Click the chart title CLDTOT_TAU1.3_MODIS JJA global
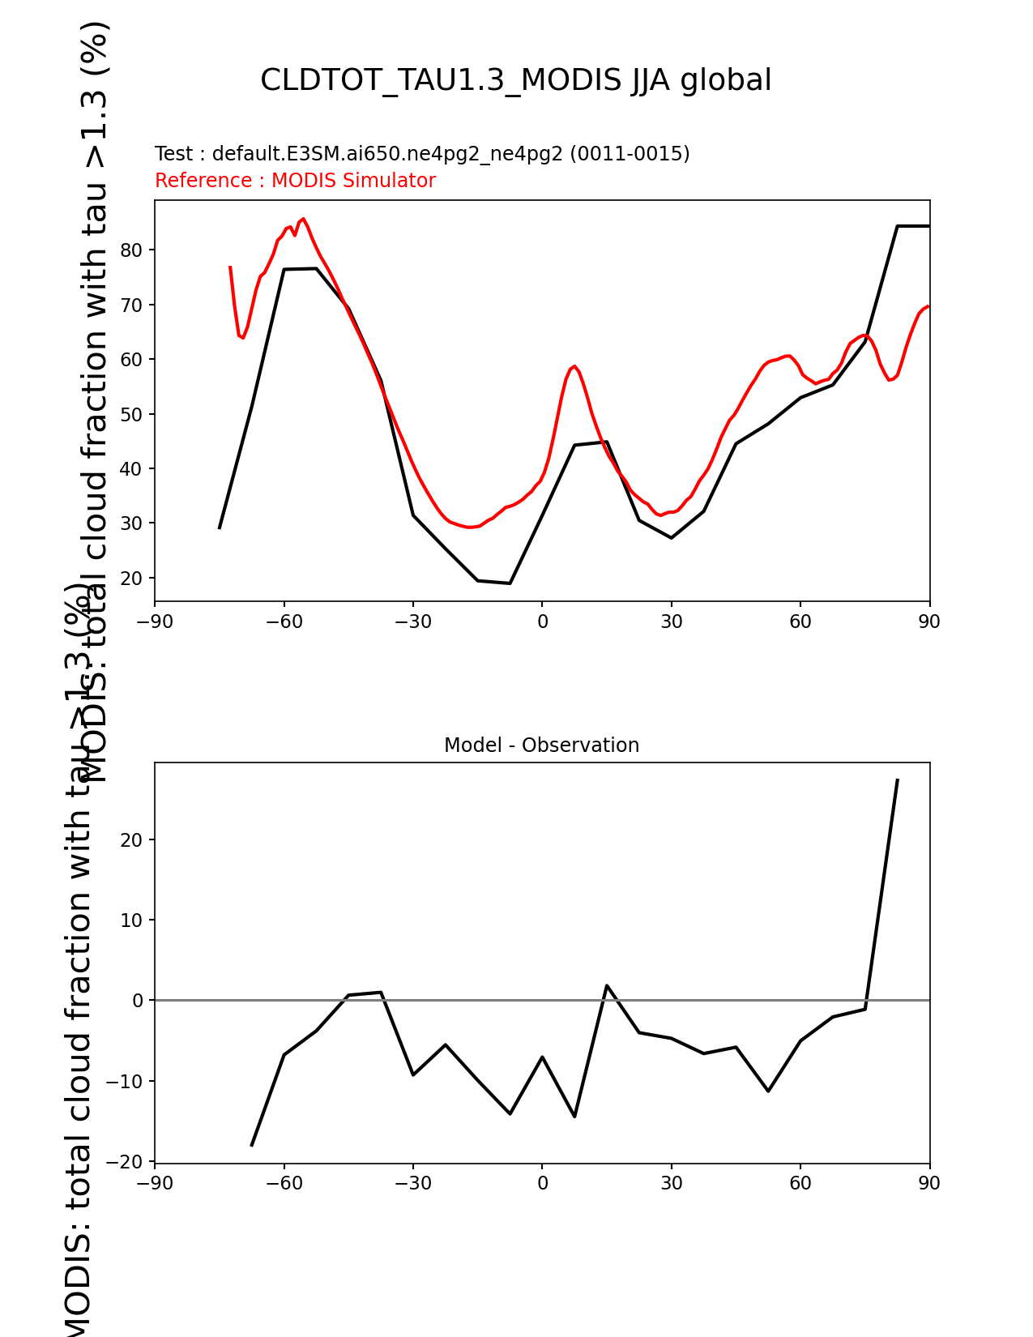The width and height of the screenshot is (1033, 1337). point(515,80)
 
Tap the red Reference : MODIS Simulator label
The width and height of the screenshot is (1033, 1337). point(295,181)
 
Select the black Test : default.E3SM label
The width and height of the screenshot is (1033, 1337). point(421,154)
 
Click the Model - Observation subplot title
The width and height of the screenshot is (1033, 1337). point(541,745)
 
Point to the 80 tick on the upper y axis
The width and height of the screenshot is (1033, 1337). point(132,250)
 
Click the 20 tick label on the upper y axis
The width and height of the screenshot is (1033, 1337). point(132,579)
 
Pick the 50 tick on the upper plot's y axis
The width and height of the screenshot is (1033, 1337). point(132,414)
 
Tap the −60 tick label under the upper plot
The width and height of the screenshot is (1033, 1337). point(284,622)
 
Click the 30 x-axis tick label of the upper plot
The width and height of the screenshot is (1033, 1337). point(671,622)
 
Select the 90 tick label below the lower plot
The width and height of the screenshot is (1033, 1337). point(929,1184)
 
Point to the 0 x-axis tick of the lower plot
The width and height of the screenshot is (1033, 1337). point(542,1184)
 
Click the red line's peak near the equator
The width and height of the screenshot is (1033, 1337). point(574,366)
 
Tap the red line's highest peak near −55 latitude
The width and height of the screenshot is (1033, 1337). point(303,219)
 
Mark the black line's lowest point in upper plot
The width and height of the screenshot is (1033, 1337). point(510,583)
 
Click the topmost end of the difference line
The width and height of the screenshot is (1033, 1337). point(897,780)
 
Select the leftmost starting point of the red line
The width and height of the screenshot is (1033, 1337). point(230,267)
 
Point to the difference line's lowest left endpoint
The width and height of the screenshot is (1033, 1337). point(252,1145)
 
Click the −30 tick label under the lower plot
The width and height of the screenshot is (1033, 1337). point(412,1184)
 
